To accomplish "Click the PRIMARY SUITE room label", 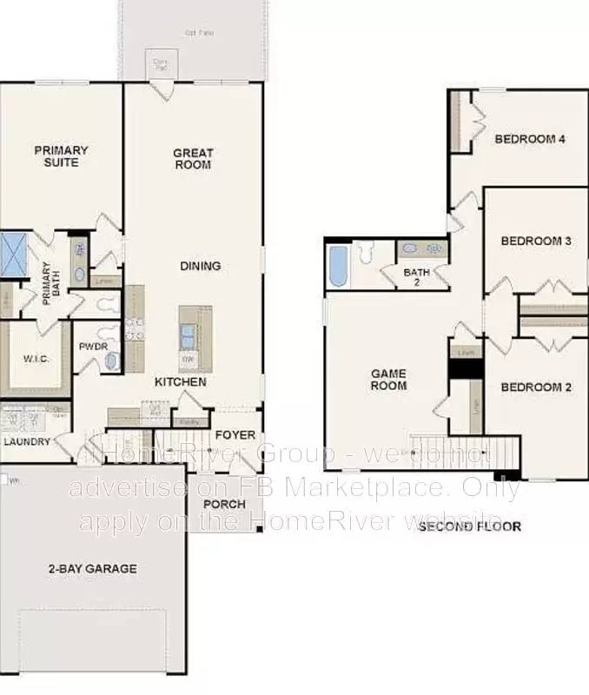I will click(x=61, y=156).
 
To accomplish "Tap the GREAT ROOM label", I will click(x=193, y=159).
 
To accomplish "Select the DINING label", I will click(x=201, y=266).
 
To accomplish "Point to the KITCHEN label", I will click(x=180, y=382).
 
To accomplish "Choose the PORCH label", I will click(x=224, y=505).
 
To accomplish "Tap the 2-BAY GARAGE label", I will click(x=92, y=569).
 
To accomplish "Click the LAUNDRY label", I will click(x=27, y=441).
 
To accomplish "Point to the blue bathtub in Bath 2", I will click(x=337, y=266).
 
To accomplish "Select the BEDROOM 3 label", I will click(x=535, y=241).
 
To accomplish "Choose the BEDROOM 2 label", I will click(x=536, y=387).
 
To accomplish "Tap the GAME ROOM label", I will click(x=388, y=380).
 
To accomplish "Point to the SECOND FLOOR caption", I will click(x=469, y=526).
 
